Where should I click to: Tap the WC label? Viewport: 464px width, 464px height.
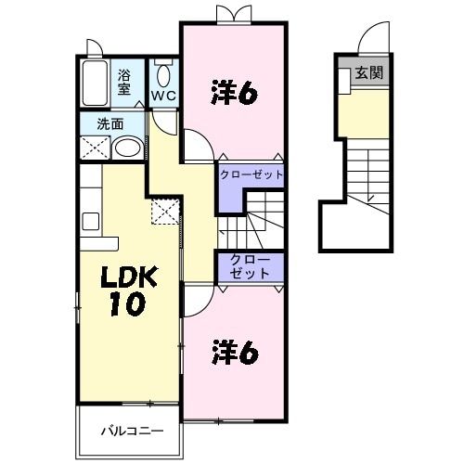pos(164,96)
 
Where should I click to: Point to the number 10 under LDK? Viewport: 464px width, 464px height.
pos(123,305)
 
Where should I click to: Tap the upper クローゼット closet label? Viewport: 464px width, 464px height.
pos(251,174)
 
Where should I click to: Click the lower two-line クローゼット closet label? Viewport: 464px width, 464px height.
pos(251,266)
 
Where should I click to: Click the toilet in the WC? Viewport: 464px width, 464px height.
pos(164,75)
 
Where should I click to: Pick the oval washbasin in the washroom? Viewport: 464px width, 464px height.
pos(127,148)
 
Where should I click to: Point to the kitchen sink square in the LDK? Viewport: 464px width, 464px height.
pos(91,222)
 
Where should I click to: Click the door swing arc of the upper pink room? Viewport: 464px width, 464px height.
pos(198,146)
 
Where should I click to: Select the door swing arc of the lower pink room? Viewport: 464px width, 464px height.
pos(198,300)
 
